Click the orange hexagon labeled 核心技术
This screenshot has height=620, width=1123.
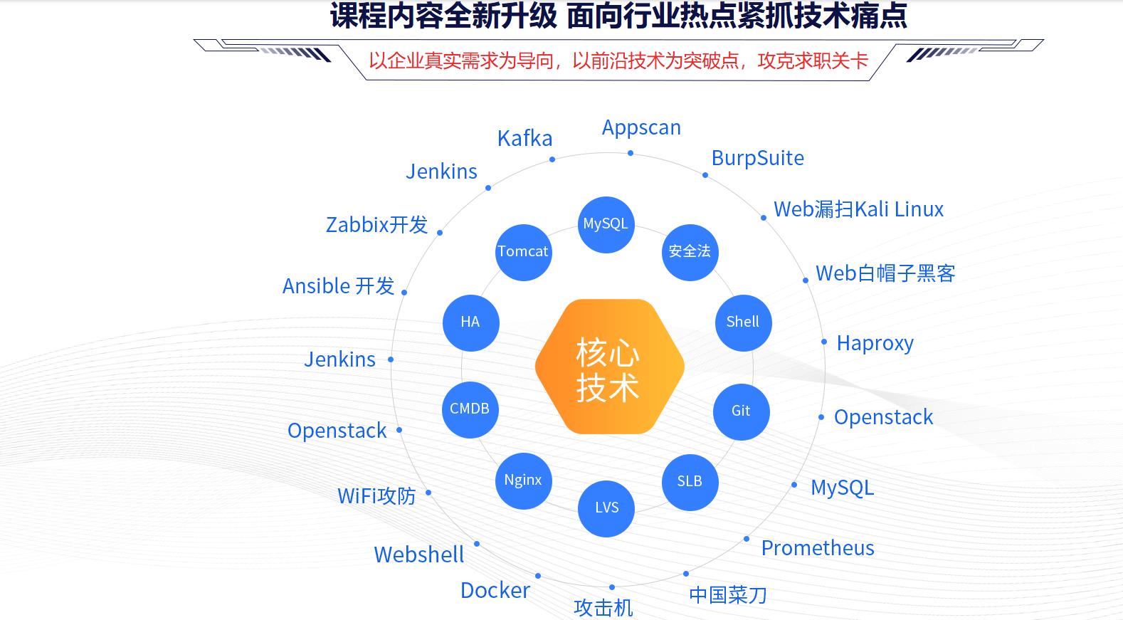[609, 367]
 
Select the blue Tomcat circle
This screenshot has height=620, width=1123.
[523, 252]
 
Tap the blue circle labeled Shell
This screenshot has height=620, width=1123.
[743, 322]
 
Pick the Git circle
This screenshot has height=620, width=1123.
[741, 411]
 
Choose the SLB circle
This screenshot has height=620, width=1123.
[690, 482]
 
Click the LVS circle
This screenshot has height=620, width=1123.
[606, 508]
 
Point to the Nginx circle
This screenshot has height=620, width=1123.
[523, 480]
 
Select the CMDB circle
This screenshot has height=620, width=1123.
[470, 409]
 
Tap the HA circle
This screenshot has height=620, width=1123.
[470, 322]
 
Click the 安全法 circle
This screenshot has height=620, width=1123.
[690, 252]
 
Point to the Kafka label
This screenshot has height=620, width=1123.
[524, 139]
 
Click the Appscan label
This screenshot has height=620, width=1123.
[641, 127]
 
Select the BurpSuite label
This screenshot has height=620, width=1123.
[757, 158]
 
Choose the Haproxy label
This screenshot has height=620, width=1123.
[875, 344]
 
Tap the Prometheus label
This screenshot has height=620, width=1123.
[818, 548]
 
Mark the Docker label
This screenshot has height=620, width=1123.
[495, 591]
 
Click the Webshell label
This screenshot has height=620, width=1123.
[419, 555]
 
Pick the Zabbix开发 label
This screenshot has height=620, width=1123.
[376, 225]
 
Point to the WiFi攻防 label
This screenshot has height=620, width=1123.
[376, 496]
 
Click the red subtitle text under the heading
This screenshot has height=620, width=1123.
[618, 61]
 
